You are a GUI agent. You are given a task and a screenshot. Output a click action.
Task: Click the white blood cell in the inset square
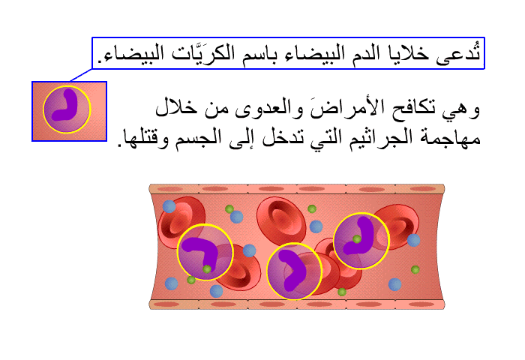[x=67, y=109]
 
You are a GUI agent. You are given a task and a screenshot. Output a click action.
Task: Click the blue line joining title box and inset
[x=81, y=75]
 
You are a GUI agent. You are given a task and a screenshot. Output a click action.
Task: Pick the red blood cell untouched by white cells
[x=281, y=220]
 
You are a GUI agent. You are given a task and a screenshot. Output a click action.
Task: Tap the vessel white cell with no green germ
[x=294, y=271]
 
